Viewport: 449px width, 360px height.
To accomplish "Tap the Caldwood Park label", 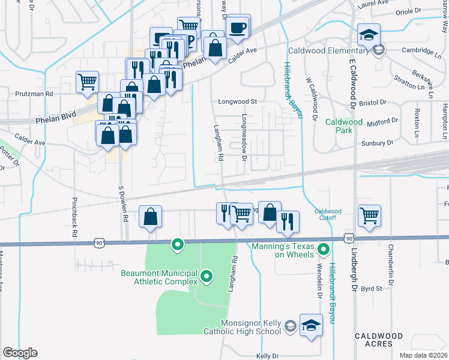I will tap(344, 126).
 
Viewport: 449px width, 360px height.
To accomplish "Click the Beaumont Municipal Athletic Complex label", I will tap(159, 277).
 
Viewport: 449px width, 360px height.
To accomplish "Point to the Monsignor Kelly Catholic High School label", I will tap(251, 326).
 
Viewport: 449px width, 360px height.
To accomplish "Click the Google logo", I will tap(20, 353).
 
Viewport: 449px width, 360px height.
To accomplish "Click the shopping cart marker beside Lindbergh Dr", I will tap(369, 215).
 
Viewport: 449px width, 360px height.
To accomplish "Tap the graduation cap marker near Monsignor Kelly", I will tap(311, 326).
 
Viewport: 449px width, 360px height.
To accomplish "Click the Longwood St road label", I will tap(237, 102).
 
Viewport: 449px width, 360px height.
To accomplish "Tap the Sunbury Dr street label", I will tap(377, 143).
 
